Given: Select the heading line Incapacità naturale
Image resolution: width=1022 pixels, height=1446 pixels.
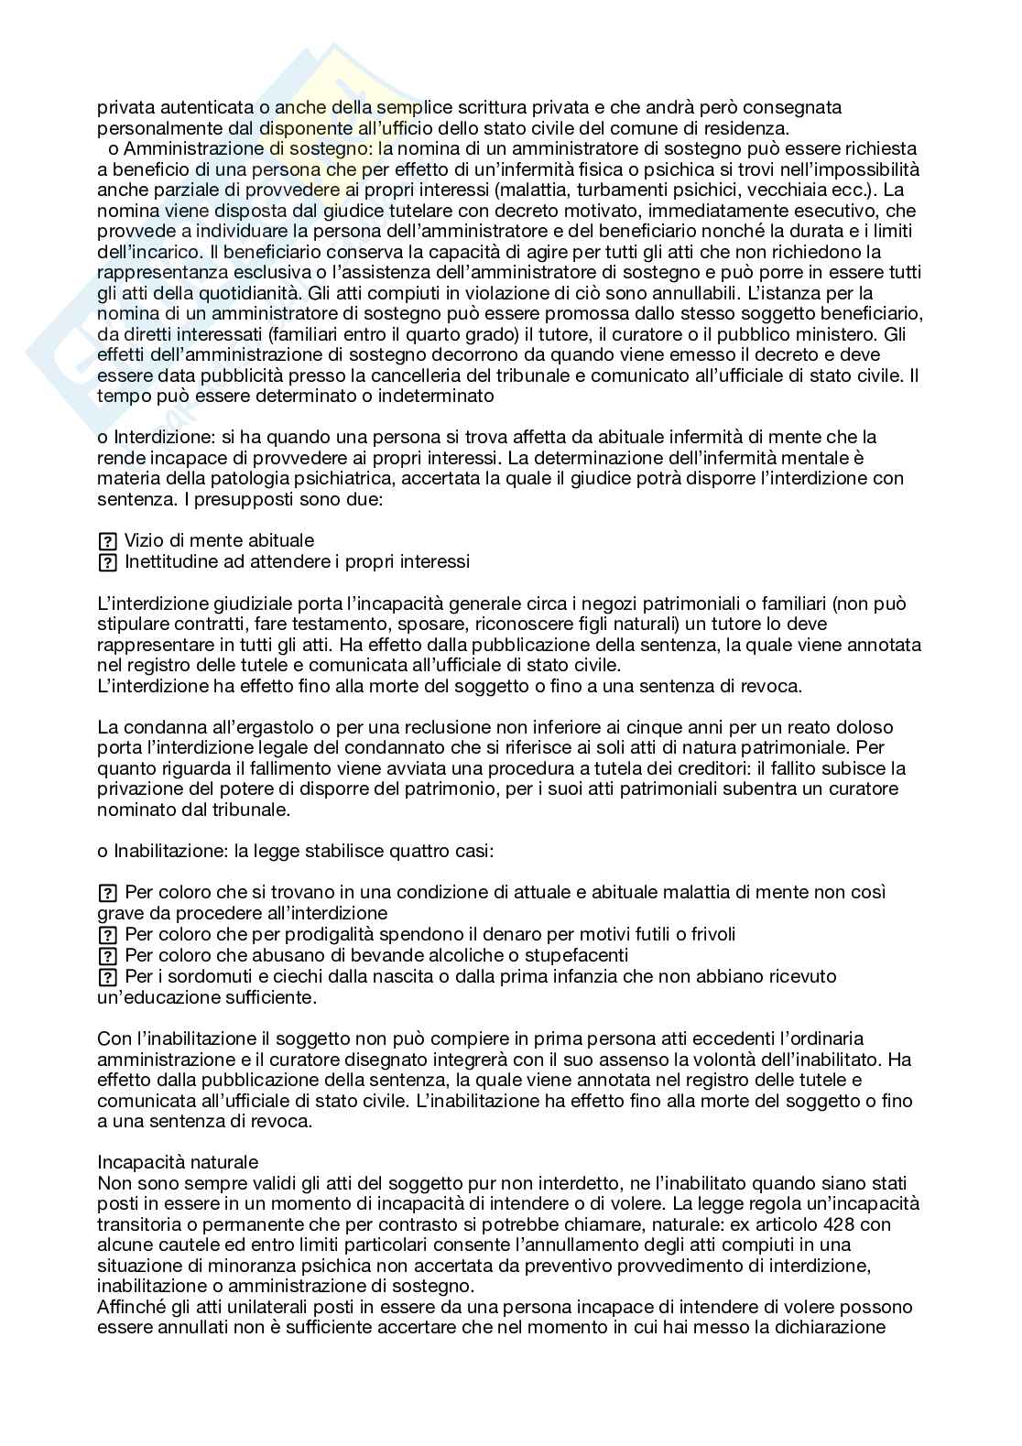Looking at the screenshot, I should pos(178,1162).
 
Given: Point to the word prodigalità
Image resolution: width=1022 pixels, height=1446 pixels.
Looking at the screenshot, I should pos(305,934).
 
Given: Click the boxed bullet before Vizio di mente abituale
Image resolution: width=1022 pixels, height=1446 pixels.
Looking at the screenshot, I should pos(107,541).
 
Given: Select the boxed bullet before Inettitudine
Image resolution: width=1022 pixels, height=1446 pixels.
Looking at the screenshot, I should pos(107,562).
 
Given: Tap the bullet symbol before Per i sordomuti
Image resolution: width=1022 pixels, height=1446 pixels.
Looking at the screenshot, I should pos(107,976).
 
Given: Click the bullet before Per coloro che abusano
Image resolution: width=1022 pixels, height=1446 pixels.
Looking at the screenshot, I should pos(107,955).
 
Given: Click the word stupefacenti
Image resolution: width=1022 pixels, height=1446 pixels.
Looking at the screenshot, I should pos(572,955).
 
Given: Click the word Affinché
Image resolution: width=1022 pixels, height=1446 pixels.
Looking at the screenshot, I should pos(128,1307).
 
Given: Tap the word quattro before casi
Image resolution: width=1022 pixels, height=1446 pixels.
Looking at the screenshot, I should pos(419,851).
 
